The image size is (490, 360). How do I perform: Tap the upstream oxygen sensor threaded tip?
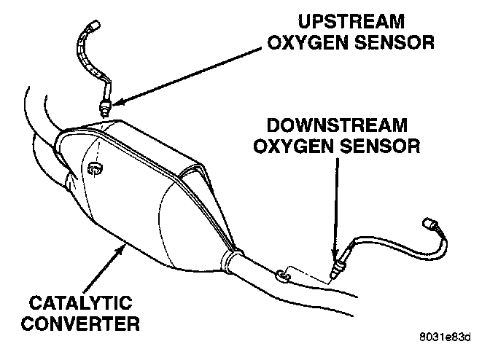point(107,110)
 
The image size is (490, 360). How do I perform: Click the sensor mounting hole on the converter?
point(93,170)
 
